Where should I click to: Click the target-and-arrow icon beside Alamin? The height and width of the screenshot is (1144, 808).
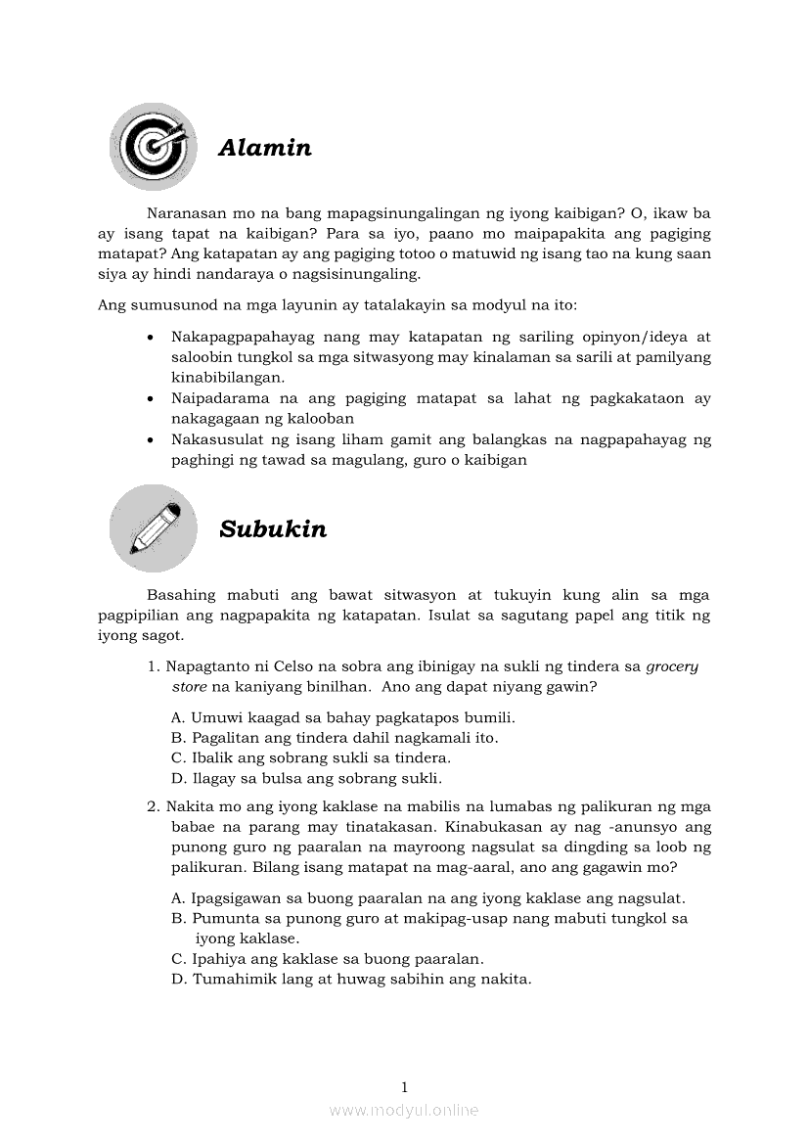point(154,147)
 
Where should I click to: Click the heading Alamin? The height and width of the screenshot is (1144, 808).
point(265,148)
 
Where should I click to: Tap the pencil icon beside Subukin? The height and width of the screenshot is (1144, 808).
point(154,528)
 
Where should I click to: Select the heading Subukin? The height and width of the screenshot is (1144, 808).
point(273,529)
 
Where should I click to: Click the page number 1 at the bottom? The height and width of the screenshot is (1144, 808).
point(404,1087)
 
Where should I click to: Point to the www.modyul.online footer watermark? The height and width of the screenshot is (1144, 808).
point(404,1111)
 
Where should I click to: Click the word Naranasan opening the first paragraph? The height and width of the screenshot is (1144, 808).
point(184,212)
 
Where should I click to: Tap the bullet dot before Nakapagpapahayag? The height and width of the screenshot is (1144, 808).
point(149,338)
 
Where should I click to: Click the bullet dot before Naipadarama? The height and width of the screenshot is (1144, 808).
point(149,399)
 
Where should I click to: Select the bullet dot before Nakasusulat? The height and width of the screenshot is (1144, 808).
point(149,440)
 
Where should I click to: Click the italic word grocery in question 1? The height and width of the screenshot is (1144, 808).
point(673,667)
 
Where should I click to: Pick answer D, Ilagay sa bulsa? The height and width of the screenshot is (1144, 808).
point(306,779)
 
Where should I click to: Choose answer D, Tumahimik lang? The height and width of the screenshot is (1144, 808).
point(351,979)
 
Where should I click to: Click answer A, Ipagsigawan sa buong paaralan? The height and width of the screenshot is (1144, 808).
point(428,898)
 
